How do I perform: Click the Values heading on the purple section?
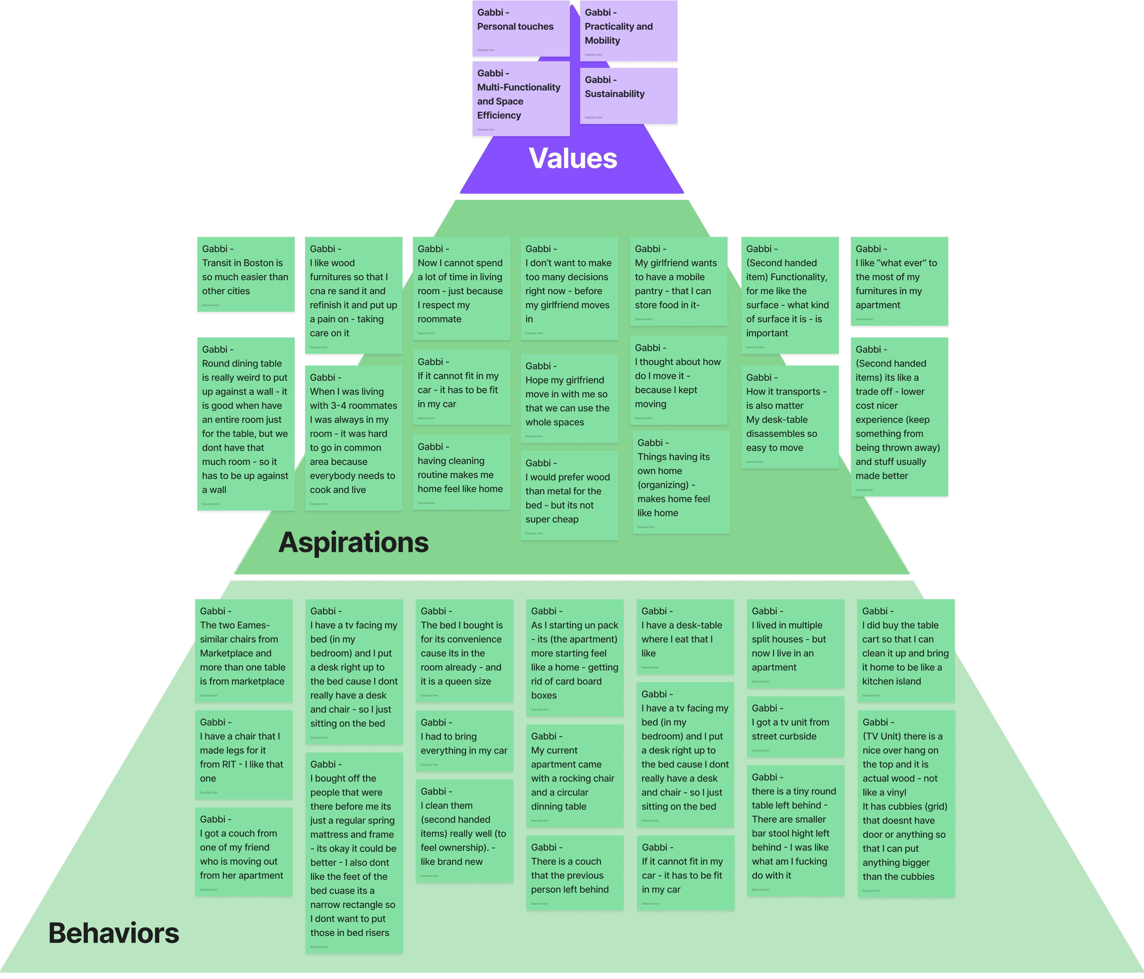[572, 159]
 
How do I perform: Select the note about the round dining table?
[246, 424]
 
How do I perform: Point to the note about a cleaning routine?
[461, 472]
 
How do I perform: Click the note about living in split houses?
[795, 643]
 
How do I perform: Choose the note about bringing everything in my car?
[464, 741]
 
